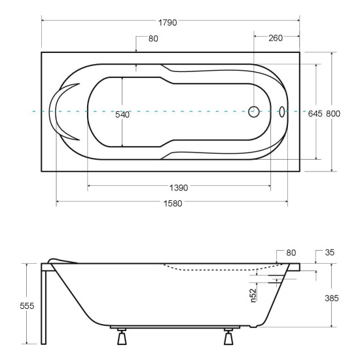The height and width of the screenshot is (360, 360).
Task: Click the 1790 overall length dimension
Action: pyautogui.click(x=168, y=22)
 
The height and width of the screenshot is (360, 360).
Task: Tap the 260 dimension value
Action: pyautogui.click(x=276, y=38)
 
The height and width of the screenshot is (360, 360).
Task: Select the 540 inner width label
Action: pyautogui.click(x=122, y=115)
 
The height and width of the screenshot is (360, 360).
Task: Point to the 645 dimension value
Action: pyautogui.click(x=315, y=113)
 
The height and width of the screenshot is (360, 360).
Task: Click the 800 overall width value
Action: pyautogui.click(x=333, y=113)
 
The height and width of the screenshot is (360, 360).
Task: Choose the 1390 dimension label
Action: pyautogui.click(x=179, y=188)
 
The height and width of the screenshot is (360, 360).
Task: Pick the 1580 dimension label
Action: pyautogui.click(x=173, y=204)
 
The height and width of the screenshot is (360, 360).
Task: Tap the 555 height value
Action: pyautogui.click(x=27, y=306)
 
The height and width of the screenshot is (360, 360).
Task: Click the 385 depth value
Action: pyautogui.click(x=332, y=298)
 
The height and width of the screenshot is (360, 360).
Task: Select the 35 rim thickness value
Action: pyautogui.click(x=330, y=253)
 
